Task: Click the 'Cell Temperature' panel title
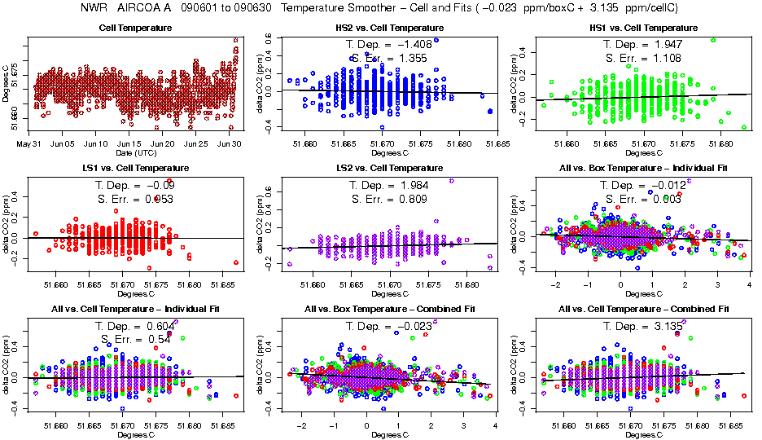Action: (135, 29)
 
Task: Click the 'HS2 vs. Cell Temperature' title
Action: (385, 29)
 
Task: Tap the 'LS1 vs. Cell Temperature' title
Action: (135, 168)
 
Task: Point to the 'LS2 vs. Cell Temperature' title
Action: (385, 168)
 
